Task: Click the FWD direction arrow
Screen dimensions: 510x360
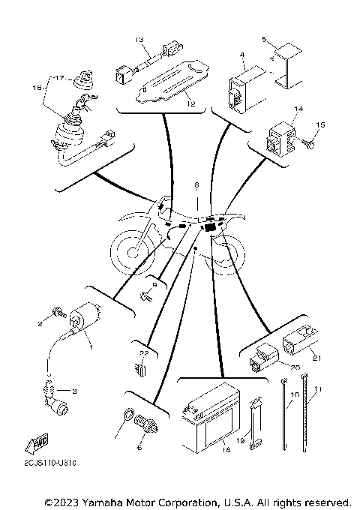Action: click(x=35, y=445)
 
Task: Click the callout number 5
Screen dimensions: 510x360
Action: click(x=263, y=37)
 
